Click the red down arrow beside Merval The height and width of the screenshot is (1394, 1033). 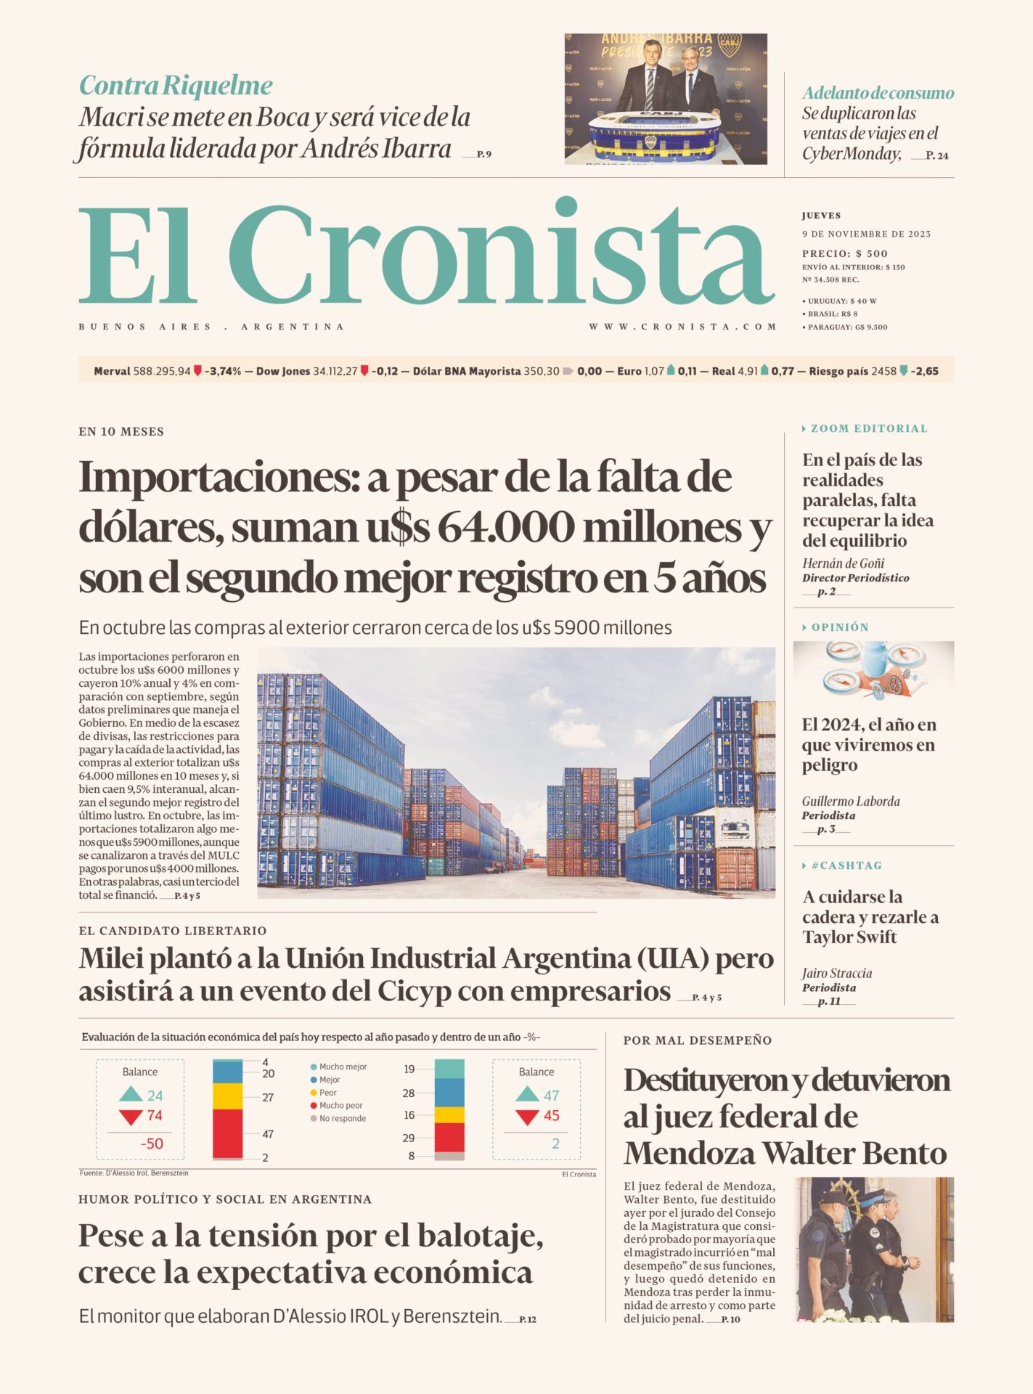(x=197, y=371)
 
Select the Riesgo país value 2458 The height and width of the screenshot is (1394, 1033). (x=883, y=371)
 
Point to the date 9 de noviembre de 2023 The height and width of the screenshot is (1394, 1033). (x=866, y=234)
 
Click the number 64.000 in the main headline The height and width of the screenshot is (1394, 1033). (x=505, y=528)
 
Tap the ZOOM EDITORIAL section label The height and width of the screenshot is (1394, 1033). (x=868, y=428)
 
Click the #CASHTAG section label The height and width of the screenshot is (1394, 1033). (x=846, y=865)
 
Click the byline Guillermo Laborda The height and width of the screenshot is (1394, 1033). (x=851, y=801)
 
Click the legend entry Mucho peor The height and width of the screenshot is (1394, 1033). (x=340, y=1105)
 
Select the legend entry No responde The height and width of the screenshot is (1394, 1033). (x=342, y=1118)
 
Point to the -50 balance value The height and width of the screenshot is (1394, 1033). (x=152, y=1144)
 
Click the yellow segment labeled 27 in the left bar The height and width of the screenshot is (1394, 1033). (x=227, y=1096)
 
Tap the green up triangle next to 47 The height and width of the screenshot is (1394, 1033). (x=527, y=1094)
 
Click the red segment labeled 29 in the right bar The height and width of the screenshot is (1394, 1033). (x=449, y=1137)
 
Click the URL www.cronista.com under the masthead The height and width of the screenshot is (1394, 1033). (x=682, y=327)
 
